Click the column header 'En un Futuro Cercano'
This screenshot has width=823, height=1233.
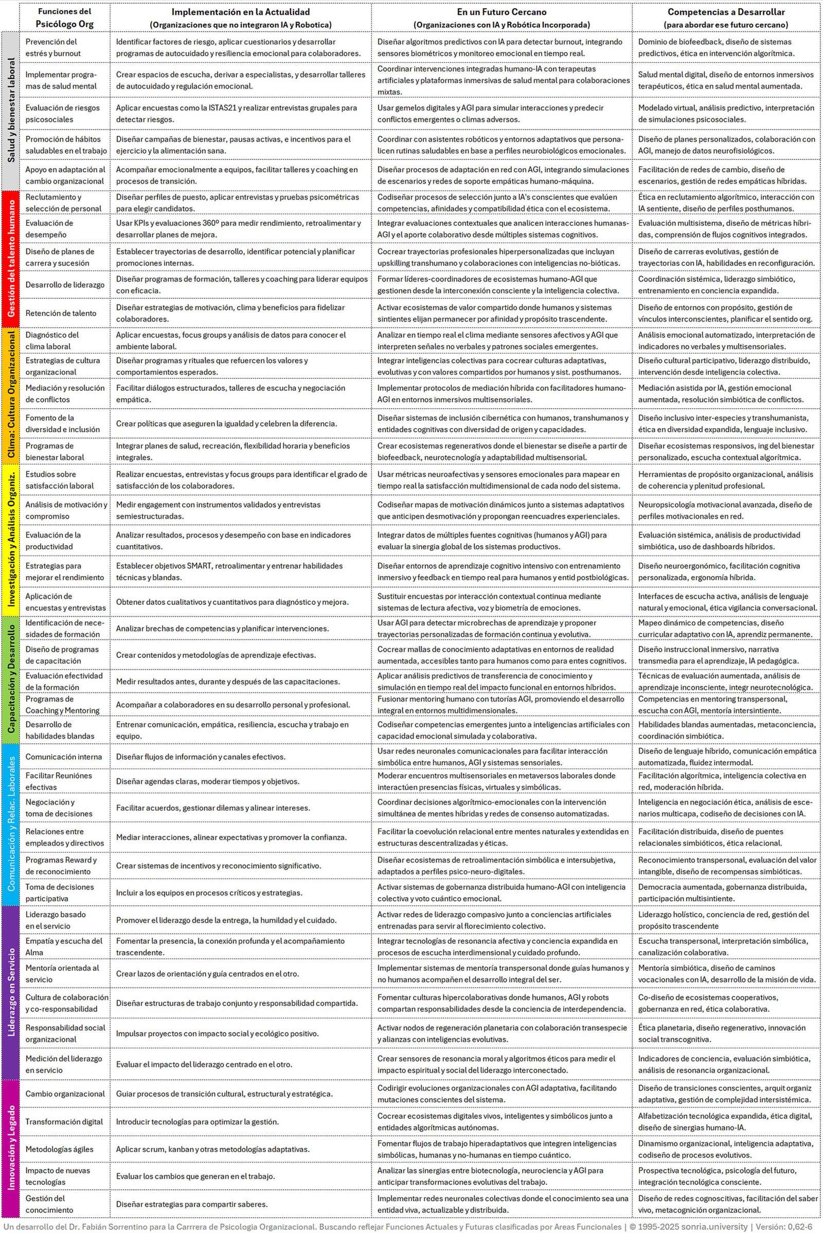coord(501,12)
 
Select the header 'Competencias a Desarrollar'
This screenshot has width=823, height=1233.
coord(726,12)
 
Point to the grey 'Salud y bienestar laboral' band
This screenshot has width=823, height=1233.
coord(10,111)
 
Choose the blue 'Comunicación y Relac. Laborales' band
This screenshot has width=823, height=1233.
coord(10,824)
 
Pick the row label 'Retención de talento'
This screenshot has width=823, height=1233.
coord(61,313)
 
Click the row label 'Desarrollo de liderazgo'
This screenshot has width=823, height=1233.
coord(65,285)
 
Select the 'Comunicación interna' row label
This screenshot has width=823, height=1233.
coord(62,756)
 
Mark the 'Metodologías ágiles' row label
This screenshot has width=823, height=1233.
coord(59,1149)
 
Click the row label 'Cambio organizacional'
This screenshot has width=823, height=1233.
coord(65,1094)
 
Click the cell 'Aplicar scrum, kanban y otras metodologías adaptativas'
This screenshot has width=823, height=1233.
coord(212,1149)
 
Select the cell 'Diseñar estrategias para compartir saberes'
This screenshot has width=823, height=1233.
coord(191,1204)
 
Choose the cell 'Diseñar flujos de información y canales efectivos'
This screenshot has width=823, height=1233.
coord(201,756)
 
